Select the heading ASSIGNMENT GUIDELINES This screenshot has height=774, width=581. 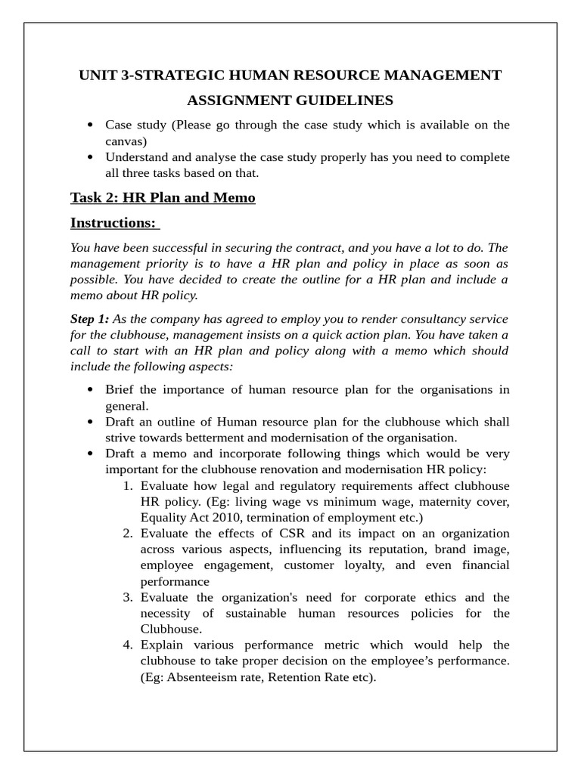[290, 101]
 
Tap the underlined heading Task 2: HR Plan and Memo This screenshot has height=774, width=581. [163, 197]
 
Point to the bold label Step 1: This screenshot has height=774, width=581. [89, 319]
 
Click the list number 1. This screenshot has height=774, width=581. [128, 485]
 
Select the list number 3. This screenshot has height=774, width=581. [128, 597]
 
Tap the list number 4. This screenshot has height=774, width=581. [128, 645]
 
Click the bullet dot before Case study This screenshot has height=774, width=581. [91, 125]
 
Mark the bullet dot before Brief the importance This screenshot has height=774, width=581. [91, 390]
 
